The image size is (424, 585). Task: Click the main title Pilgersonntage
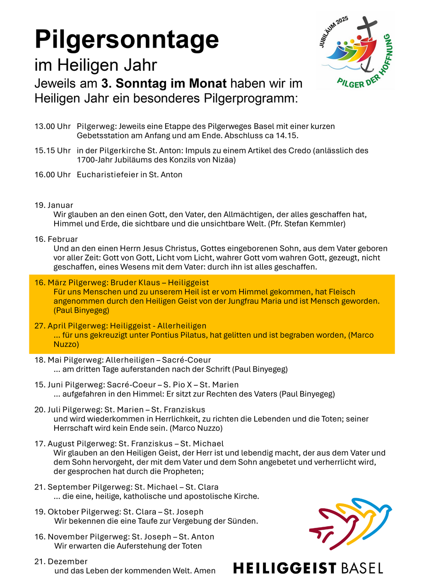pyautogui.click(x=127, y=40)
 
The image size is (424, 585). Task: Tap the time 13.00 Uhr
pyautogui.click(x=53, y=126)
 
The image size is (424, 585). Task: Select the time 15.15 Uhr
pyautogui.click(x=53, y=150)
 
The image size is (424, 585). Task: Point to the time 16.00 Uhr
pyautogui.click(x=53, y=174)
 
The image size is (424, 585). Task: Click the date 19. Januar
pyautogui.click(x=54, y=205)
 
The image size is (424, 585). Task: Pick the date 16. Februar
pyautogui.click(x=56, y=239)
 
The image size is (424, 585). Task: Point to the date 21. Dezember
pyautogui.click(x=61, y=561)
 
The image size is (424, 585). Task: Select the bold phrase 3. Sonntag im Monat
pyautogui.click(x=164, y=84)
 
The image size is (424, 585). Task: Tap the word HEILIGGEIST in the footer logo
pyautogui.click(x=285, y=568)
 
